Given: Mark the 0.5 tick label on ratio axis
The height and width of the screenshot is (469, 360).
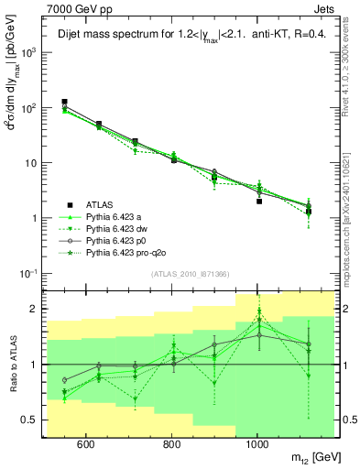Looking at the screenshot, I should [x=31, y=420].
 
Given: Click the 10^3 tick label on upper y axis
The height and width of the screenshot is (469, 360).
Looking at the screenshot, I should [x=30, y=52].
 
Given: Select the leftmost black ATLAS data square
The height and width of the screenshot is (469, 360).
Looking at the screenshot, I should [x=64, y=102].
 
